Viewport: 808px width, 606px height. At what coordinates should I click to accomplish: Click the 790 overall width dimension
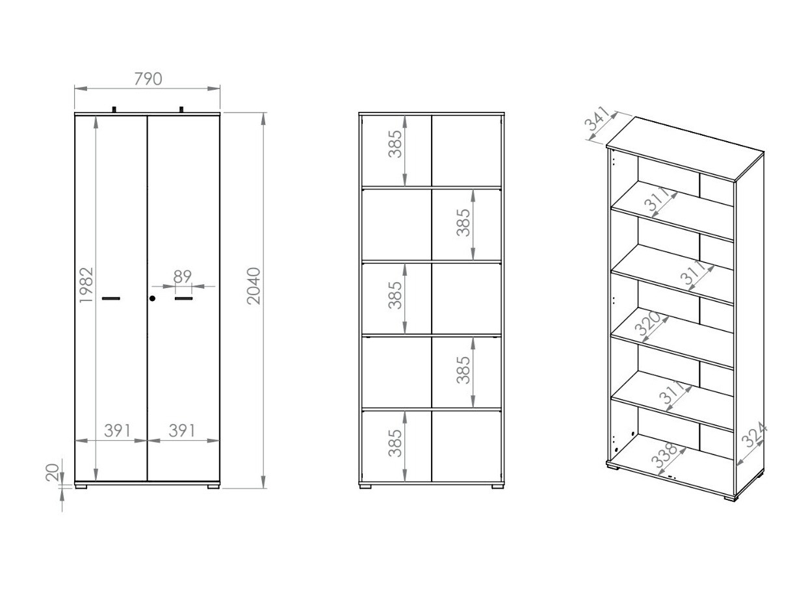(x=148, y=79)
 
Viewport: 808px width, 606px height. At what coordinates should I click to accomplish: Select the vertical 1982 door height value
(x=87, y=285)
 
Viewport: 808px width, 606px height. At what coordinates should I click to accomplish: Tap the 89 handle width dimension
(x=183, y=276)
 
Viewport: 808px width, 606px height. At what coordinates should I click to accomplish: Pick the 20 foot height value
(x=53, y=471)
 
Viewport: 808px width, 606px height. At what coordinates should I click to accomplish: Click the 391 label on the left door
(x=117, y=430)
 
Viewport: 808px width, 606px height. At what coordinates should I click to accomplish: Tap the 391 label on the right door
(x=182, y=430)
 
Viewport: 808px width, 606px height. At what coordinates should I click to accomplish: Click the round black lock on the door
(x=152, y=298)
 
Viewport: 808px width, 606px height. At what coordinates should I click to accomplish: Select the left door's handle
(x=111, y=298)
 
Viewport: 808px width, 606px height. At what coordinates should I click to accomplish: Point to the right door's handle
(x=184, y=298)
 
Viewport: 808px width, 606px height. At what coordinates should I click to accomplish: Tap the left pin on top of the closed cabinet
(x=114, y=109)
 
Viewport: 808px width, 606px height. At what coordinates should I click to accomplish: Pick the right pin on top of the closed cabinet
(x=181, y=109)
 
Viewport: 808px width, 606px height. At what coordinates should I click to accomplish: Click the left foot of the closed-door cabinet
(x=81, y=485)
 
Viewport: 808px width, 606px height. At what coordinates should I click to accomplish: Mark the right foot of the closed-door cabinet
(x=213, y=485)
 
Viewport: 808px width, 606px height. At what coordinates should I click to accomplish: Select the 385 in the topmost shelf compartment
(x=395, y=144)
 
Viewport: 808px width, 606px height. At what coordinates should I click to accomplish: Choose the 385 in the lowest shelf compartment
(x=395, y=443)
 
